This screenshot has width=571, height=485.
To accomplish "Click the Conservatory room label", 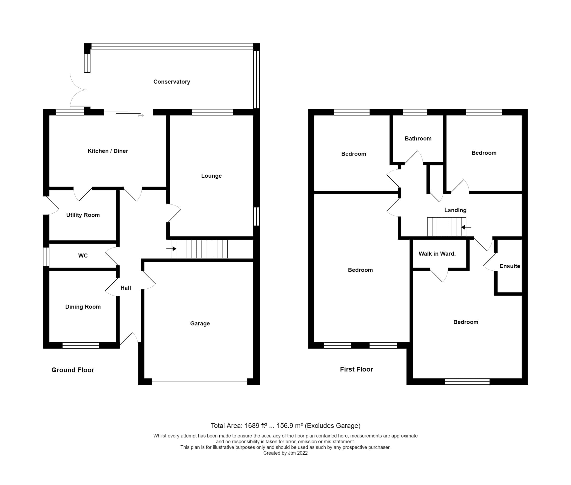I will click(171, 82).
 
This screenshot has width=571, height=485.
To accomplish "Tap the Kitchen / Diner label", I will click(108, 151).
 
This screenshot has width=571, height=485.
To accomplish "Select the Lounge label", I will click(211, 176).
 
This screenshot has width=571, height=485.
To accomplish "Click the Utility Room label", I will click(83, 215).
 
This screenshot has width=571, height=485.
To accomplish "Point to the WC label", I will click(83, 255).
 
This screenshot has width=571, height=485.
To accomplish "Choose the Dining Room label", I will click(83, 307).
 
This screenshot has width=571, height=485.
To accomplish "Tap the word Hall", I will click(126, 288).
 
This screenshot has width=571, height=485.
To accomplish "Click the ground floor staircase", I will click(199, 249).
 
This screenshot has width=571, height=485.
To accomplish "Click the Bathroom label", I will click(418, 139).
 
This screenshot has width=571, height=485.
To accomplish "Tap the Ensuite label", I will click(509, 266).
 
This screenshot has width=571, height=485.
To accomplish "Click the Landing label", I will click(455, 210).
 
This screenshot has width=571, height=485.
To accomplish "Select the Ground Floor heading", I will click(73, 370).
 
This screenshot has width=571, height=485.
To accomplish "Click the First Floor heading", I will click(356, 369).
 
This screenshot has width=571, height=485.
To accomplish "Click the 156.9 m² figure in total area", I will click(289, 426).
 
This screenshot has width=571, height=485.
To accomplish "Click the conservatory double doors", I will click(78, 90).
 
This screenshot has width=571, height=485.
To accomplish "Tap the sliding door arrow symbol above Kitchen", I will click(141, 116).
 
